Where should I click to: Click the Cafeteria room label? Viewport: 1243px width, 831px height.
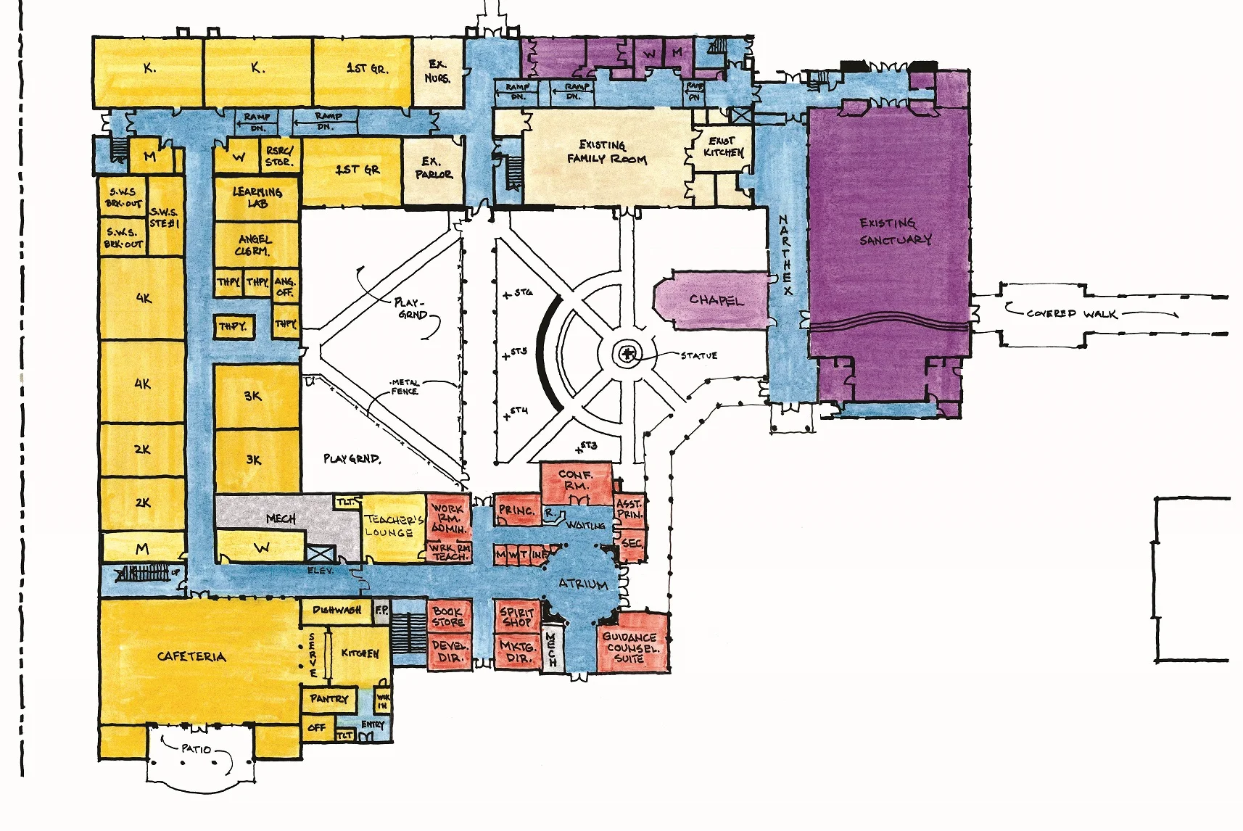191,657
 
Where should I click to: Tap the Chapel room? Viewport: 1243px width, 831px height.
716,299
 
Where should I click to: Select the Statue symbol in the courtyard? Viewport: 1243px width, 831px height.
626,355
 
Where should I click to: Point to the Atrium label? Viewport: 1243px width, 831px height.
582,584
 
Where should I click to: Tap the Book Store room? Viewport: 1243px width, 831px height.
448,617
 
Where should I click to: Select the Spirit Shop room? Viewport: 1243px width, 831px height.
517,617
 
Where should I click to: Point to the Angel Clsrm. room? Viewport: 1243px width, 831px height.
254,246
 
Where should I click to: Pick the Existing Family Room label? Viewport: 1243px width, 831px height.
606,152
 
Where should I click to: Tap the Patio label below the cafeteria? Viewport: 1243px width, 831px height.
197,748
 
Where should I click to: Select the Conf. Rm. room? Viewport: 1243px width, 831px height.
576,481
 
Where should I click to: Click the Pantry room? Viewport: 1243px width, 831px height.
329,699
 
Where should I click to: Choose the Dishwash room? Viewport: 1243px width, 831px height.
336,611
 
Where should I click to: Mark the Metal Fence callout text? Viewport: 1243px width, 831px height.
404,387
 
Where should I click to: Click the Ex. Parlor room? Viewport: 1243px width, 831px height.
433,168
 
